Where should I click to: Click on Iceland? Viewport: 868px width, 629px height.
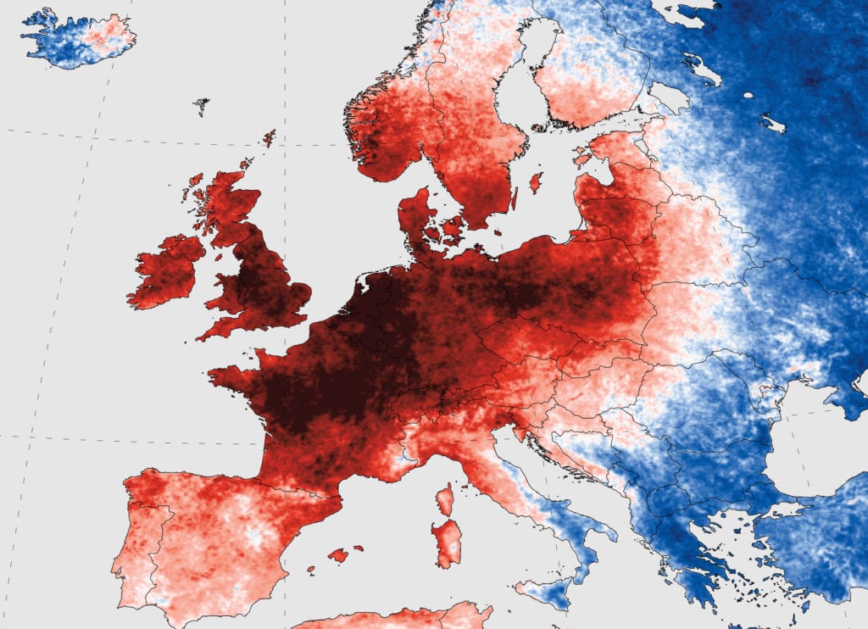pyautogui.click(x=76, y=38)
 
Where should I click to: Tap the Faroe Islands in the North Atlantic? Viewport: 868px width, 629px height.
pyautogui.click(x=201, y=106)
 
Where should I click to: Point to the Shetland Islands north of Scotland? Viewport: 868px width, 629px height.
pyautogui.click(x=269, y=137)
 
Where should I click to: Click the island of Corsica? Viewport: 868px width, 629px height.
pyautogui.click(x=445, y=500)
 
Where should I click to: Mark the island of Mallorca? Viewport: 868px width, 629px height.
pyautogui.click(x=338, y=555)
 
